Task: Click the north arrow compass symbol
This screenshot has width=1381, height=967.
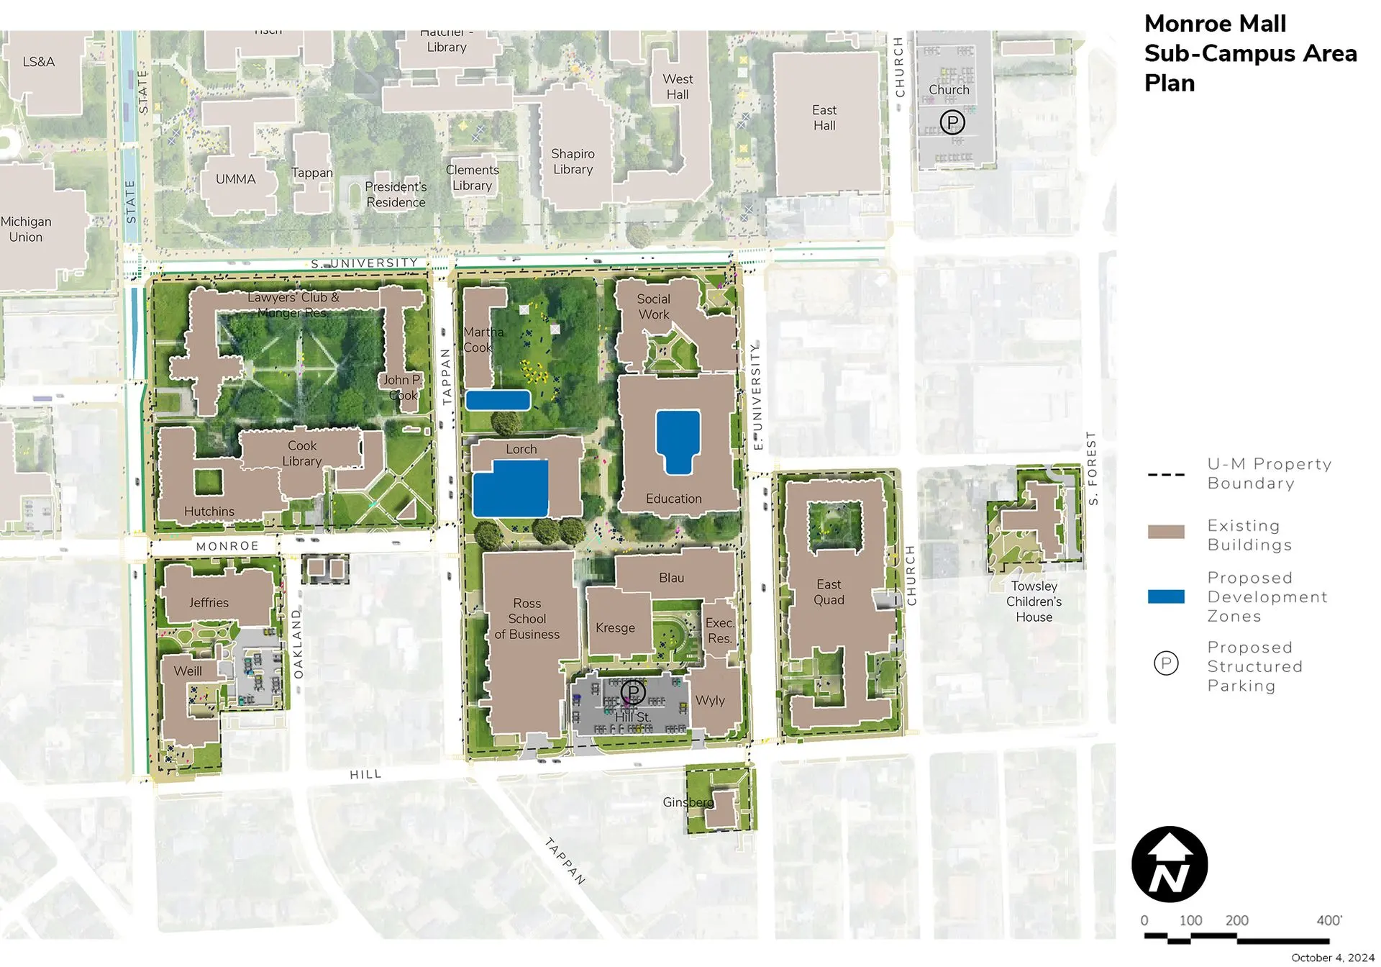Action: pos(1169,864)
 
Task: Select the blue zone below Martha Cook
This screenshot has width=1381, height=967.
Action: pos(498,400)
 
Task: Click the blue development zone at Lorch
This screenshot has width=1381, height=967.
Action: pos(510,489)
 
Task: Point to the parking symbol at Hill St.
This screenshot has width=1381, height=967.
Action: pos(633,693)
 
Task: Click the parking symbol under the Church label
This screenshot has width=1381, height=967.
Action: pos(952,122)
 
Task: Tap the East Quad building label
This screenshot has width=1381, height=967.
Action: pos(829,592)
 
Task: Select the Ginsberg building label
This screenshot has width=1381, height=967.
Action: pos(688,802)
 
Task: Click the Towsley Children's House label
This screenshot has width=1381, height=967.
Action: pos(1034,601)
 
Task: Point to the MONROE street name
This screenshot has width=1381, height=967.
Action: pos(227,546)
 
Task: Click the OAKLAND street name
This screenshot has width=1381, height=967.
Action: pos(298,643)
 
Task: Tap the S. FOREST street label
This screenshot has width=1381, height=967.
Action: pos(1092,468)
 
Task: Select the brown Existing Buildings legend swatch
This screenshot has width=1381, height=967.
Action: pos(1166,532)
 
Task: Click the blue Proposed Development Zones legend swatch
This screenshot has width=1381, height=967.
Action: pos(1166,596)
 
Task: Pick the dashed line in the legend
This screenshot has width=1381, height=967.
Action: pos(1166,474)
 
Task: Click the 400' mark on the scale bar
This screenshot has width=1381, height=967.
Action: pos(1328,920)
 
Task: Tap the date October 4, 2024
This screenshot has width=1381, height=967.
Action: pos(1332,958)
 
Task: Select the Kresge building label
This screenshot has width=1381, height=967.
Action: pos(615,628)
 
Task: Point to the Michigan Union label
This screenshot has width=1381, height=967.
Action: pos(27,230)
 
